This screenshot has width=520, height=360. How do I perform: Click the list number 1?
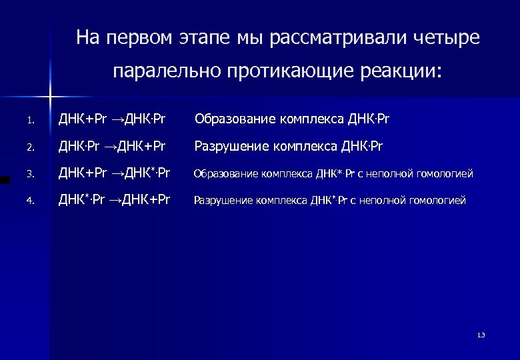pos(29,121)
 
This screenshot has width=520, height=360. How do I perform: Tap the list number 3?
pos(29,175)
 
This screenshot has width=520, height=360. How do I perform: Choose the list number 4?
pos(29,200)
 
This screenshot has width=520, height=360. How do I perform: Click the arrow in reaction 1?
pos(117,120)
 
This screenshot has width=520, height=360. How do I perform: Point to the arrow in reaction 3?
pos(117,174)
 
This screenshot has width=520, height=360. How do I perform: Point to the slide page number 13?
pos(481,335)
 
